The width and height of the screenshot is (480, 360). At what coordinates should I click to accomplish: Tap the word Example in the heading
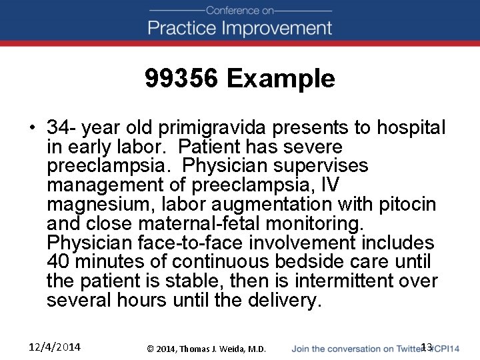[281, 79]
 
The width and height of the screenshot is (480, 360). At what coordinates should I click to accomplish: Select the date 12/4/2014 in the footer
[55, 347]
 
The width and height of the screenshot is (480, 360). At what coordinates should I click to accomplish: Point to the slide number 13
[427, 347]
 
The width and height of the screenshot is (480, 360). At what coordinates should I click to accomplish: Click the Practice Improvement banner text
[240, 28]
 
